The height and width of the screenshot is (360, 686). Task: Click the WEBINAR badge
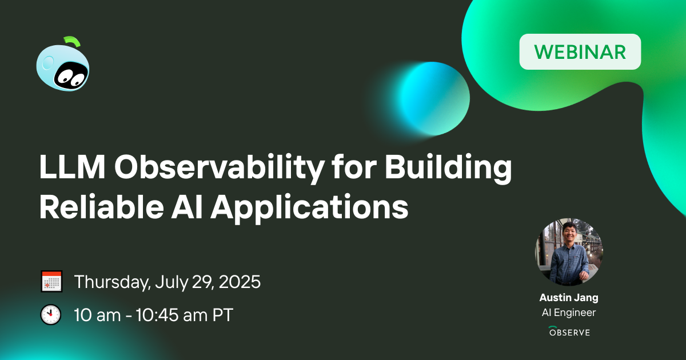580,52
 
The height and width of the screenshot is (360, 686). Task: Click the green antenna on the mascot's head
73,41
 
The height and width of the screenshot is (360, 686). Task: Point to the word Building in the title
447,169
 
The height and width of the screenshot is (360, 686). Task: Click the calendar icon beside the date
51,282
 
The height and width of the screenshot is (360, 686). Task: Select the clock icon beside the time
51,315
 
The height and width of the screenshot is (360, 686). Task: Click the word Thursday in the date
112,282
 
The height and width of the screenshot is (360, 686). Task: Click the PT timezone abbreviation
222,315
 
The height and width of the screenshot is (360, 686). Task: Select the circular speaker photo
569,251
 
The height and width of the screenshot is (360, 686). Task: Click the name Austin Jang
569,298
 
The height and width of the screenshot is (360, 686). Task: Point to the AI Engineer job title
569,313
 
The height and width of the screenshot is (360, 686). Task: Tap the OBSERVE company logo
569,331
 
